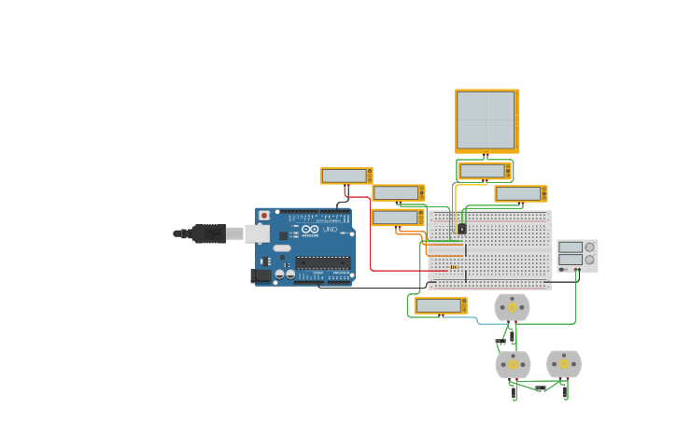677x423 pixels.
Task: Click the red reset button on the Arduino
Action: (264, 216)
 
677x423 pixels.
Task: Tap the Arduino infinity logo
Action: (310, 229)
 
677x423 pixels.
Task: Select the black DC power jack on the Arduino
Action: (261, 275)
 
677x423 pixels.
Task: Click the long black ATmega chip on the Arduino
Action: (323, 263)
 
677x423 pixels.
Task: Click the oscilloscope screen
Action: (485, 120)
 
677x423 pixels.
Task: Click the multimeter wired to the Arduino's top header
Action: (345, 176)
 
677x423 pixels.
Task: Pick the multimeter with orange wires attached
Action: (396, 218)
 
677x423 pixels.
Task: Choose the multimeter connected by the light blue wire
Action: (439, 305)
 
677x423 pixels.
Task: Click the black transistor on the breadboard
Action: (461, 229)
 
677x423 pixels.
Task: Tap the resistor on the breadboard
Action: (455, 267)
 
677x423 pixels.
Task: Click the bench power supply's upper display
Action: (571, 247)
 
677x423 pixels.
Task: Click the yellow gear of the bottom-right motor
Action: (564, 363)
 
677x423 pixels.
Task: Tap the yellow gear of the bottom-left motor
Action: (513, 364)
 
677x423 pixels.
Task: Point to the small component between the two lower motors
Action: (540, 388)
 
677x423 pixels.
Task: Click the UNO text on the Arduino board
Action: (330, 230)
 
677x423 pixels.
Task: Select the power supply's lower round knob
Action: (589, 261)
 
